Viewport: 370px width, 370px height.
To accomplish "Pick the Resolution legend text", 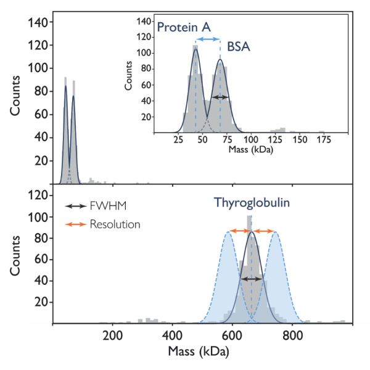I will pos(115,224).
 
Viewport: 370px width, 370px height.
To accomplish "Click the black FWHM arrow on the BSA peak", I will pos(220,97).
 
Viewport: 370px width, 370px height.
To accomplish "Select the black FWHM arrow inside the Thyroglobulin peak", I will pos(251,279).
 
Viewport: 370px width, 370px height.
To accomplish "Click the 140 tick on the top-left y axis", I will pos(38,23).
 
